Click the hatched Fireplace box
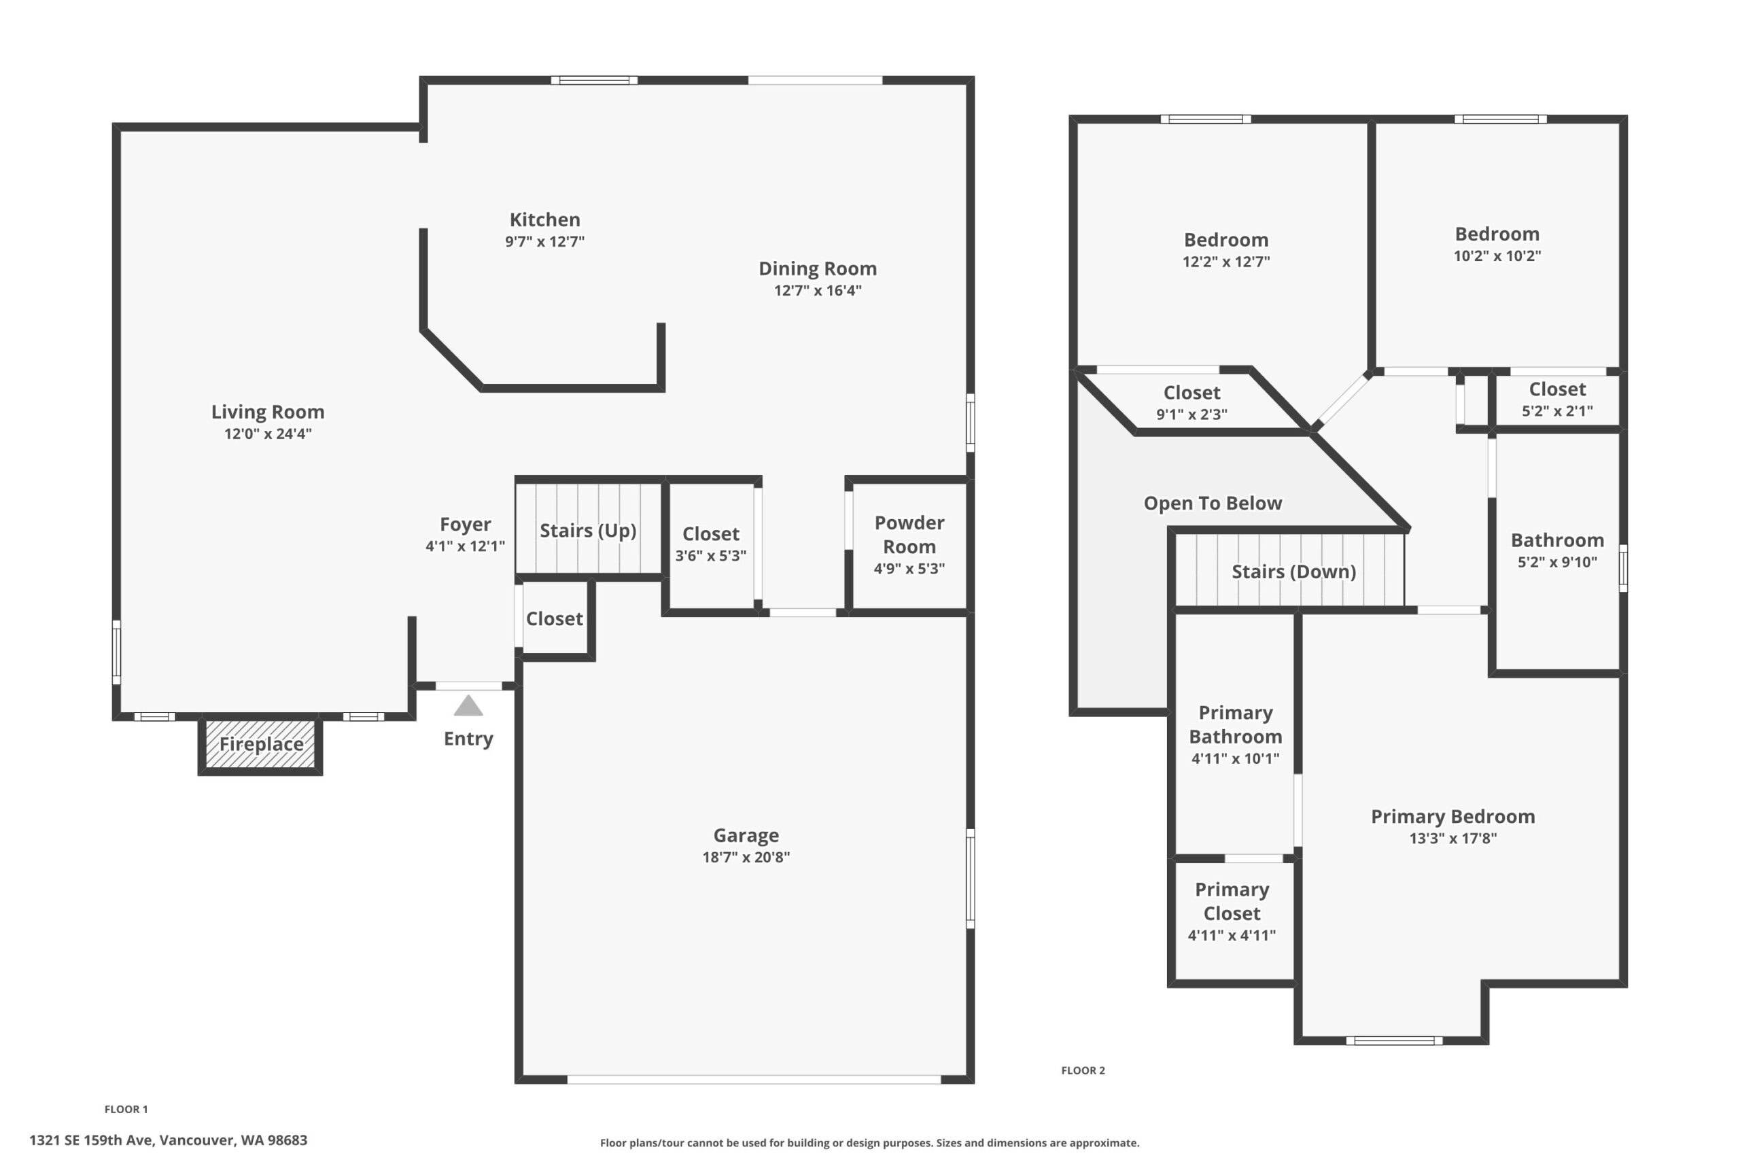coord(260,744)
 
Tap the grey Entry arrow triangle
coord(468,706)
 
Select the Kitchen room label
coord(545,219)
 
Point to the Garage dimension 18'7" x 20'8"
coord(746,857)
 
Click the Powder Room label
coord(909,535)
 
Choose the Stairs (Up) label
coord(588,531)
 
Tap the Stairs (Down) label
coord(1294,572)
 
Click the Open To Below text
coord(1213,503)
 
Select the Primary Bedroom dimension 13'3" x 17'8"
coord(1453,838)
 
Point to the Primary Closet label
coord(1232,901)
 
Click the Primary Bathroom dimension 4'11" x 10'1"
coord(1236,758)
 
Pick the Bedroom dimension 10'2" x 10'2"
coord(1497,256)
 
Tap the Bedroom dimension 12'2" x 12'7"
coord(1226,261)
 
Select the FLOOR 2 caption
coord(1083,1070)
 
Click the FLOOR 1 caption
coord(126,1109)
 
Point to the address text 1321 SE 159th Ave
coord(90,1140)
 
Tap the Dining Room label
coord(818,268)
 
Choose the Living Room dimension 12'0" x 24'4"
coord(268,434)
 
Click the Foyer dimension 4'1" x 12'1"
coord(466,546)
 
